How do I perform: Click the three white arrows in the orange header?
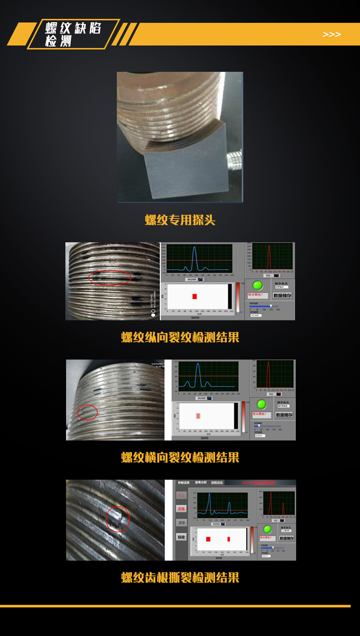click(332, 34)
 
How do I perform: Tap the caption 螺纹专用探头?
click(180, 220)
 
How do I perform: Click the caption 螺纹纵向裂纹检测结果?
click(180, 337)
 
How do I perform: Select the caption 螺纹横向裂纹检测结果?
click(180, 457)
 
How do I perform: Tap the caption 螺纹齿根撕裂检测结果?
click(180, 578)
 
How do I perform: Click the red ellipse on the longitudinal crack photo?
click(110, 277)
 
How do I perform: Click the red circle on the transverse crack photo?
click(87, 413)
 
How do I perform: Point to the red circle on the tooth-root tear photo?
click(118, 519)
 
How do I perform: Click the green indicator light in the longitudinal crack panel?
click(258, 285)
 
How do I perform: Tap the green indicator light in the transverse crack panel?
click(262, 404)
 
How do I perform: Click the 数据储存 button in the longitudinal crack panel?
click(282, 295)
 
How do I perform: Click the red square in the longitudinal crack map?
click(194, 296)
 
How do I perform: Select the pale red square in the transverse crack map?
click(198, 416)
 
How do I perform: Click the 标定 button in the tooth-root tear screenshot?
click(181, 537)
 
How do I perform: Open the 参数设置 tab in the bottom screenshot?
click(184, 482)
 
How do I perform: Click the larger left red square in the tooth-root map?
click(208, 539)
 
